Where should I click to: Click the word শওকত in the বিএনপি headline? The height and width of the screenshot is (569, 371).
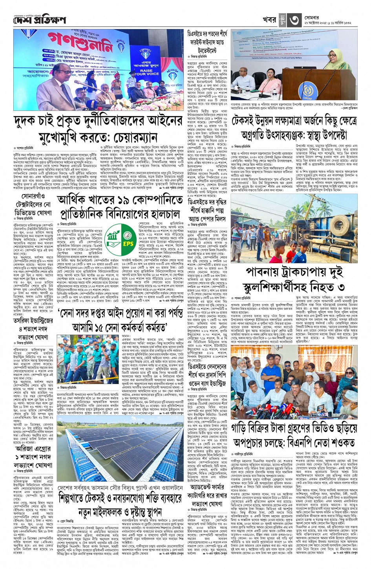click(339, 442)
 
